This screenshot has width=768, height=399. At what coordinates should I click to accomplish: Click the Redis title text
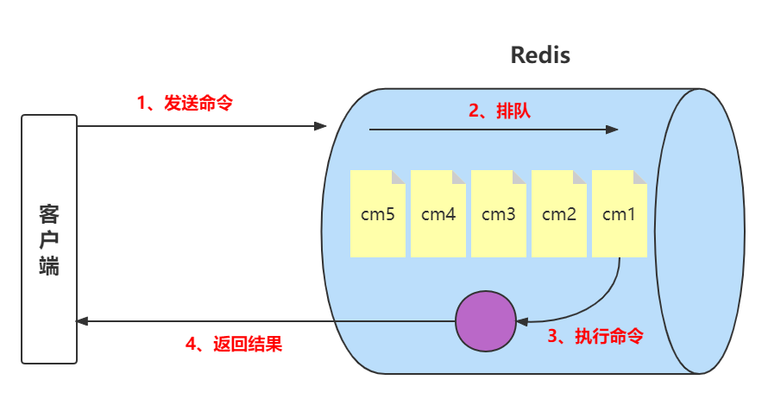coord(540,55)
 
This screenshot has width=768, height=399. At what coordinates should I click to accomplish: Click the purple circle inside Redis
coord(485,321)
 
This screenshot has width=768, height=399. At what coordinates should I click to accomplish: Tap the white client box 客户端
coord(49,239)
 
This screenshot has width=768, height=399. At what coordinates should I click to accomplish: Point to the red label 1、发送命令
coord(185,102)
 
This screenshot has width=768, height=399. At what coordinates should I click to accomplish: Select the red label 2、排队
coord(500,110)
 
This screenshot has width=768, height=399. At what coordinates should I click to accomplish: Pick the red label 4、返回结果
coord(234,344)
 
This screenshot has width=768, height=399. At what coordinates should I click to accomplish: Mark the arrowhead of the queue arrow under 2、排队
coord(613,130)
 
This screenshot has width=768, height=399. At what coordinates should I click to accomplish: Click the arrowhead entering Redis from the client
coord(321,126)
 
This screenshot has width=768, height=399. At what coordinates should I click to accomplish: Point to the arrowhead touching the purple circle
coord(521,321)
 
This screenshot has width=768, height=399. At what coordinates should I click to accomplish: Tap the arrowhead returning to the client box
coord(83,321)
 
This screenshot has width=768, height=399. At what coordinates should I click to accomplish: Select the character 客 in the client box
coord(49,214)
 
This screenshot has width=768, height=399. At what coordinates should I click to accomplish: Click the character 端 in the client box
coord(49,265)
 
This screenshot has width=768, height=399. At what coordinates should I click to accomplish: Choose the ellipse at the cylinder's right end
coord(700,231)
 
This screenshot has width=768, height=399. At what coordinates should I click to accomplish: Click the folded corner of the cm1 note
coord(641,176)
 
